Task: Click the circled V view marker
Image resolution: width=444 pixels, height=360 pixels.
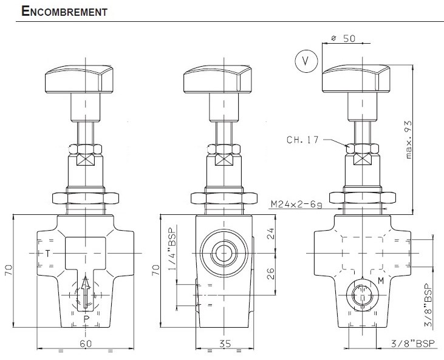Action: pos(306,61)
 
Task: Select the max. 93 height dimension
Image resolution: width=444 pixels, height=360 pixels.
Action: pos(408,140)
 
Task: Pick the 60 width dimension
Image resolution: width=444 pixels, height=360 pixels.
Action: pos(86,343)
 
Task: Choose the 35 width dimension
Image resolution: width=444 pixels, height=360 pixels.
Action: pos(225,343)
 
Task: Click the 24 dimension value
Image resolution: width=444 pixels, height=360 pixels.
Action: pos(272,233)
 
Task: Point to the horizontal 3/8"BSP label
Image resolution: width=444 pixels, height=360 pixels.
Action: pos(411,343)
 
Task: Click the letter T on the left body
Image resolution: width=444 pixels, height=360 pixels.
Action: pos(48,252)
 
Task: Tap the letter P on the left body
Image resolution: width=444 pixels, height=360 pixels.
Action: pos(86,318)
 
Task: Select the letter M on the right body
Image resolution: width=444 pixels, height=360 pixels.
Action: pos(381,280)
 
